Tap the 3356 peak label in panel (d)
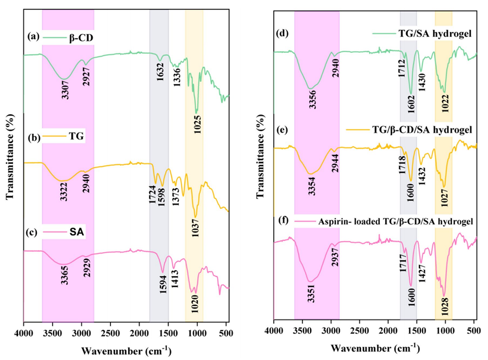(308, 95)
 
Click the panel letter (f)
(282, 221)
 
